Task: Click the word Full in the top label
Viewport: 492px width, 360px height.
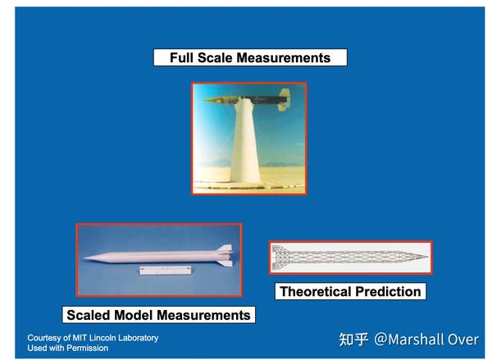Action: point(182,57)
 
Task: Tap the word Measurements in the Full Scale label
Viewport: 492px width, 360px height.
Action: point(284,57)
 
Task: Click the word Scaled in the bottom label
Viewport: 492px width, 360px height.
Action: point(89,315)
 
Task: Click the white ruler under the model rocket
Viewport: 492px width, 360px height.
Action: point(166,270)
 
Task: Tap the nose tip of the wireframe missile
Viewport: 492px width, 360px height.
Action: point(427,257)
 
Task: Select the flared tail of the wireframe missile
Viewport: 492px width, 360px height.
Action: point(280,257)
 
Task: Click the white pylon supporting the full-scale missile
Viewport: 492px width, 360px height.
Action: point(246,142)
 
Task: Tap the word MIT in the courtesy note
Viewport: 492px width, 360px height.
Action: point(78,338)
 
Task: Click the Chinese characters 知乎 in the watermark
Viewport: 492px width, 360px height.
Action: point(353,339)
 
